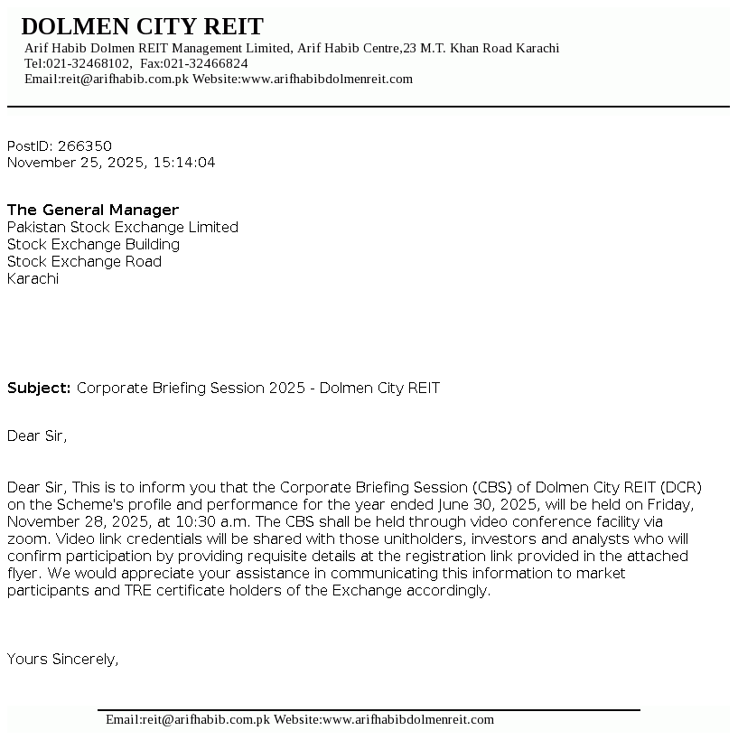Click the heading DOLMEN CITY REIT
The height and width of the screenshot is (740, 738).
click(x=142, y=26)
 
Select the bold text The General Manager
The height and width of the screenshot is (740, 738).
click(x=93, y=210)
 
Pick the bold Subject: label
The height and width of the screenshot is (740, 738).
click(x=39, y=389)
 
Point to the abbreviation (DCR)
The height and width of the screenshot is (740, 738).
click(x=680, y=487)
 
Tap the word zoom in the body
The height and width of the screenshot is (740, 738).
click(x=25, y=539)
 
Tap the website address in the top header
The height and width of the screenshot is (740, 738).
click(x=327, y=79)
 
